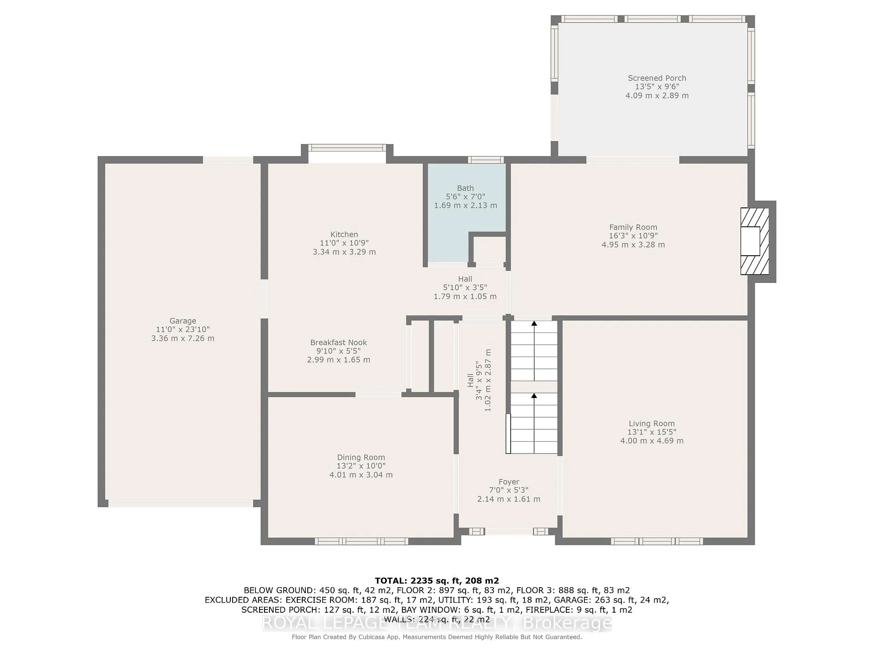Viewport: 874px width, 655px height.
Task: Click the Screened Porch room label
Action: point(657,78)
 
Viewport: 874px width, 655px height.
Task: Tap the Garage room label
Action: point(183,321)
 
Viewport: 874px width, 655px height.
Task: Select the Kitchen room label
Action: point(344,235)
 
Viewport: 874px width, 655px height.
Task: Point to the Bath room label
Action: point(465,188)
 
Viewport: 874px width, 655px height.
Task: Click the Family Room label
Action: point(633,227)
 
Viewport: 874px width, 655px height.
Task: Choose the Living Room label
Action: point(652,423)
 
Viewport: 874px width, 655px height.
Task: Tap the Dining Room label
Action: point(361,458)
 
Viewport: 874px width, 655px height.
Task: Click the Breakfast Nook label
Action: point(339,343)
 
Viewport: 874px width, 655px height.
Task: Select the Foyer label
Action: point(509,482)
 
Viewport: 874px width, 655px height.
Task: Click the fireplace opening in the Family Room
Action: point(750,241)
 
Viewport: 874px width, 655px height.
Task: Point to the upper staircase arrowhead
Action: point(534,323)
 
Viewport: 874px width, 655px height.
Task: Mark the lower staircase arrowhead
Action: point(534,396)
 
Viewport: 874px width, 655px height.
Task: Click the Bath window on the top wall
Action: point(486,160)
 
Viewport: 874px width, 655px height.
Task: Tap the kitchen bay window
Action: point(347,147)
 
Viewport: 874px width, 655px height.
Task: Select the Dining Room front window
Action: point(361,541)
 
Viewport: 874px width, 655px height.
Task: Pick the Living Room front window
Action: point(657,541)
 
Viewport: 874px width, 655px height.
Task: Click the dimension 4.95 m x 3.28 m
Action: point(633,245)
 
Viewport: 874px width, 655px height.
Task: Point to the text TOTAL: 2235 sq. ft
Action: point(414,581)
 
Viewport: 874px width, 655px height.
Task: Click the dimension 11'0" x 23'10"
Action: point(183,330)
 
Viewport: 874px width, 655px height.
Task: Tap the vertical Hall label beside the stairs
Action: point(471,380)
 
